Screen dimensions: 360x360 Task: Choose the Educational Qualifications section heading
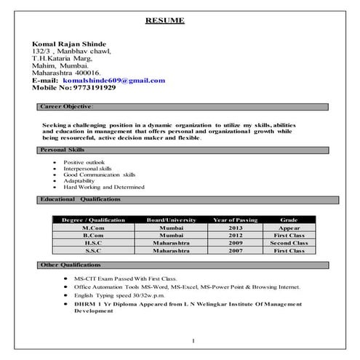pos(81,199)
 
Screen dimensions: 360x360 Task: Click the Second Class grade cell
pos(289,242)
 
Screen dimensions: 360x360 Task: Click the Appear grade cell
pos(289,228)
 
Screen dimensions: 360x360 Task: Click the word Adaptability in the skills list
pos(81,181)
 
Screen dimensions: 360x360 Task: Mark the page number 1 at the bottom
pos(193,340)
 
